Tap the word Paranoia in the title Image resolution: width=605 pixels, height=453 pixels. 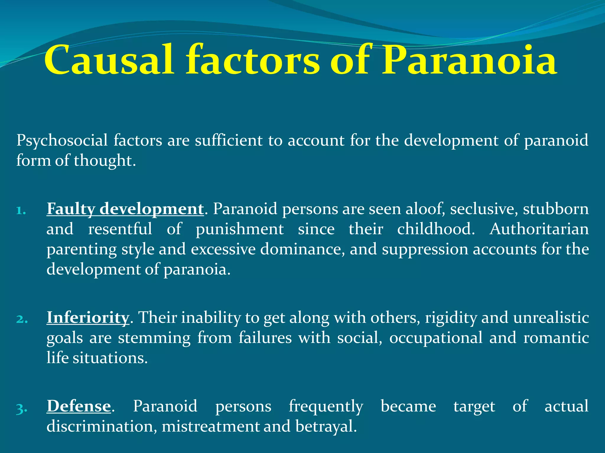click(469, 60)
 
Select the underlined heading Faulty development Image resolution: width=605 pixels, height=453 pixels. click(125, 209)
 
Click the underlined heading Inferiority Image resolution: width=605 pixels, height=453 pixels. click(88, 318)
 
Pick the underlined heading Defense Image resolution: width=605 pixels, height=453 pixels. click(79, 406)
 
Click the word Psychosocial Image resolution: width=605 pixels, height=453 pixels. click(62, 140)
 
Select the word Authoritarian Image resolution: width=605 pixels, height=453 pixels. click(539, 229)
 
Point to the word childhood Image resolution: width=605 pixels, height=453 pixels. click(436, 229)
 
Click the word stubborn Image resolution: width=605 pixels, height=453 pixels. click(556, 209)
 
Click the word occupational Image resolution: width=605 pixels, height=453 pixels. click(436, 338)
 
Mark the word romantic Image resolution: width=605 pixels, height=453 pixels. click(556, 338)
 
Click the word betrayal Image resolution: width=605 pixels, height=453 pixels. click(326, 426)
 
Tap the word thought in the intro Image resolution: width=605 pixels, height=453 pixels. click(105, 161)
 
